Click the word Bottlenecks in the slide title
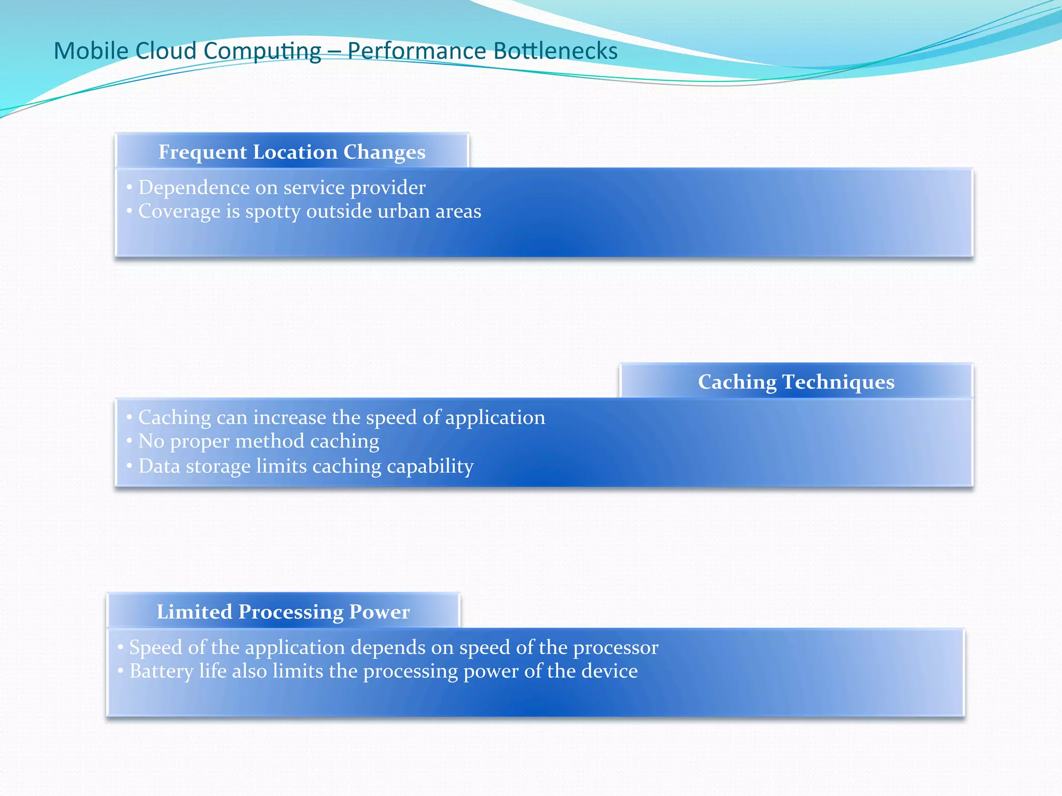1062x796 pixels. coord(555,51)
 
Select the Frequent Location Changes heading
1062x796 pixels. coord(292,152)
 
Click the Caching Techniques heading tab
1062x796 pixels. coord(796,382)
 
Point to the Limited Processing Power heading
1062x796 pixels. coord(283,612)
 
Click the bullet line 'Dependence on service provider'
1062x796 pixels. coord(282,188)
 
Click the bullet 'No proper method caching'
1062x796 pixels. coord(259,442)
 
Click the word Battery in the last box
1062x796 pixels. coord(161,672)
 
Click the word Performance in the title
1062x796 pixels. coord(416,51)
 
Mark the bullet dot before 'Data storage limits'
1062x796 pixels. coord(130,465)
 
